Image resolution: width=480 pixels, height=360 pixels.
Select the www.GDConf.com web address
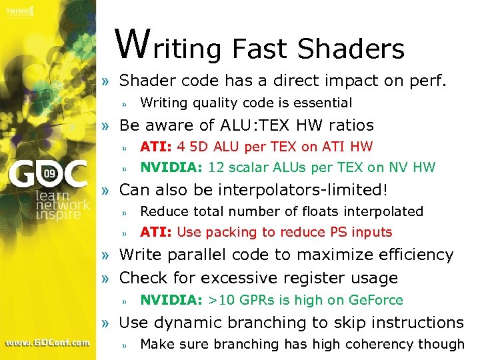point(47,343)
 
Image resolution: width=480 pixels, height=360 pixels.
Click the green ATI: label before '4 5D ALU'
point(156,147)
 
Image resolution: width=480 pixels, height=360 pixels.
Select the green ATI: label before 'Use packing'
point(156,233)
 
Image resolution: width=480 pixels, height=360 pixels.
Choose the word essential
point(325,103)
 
